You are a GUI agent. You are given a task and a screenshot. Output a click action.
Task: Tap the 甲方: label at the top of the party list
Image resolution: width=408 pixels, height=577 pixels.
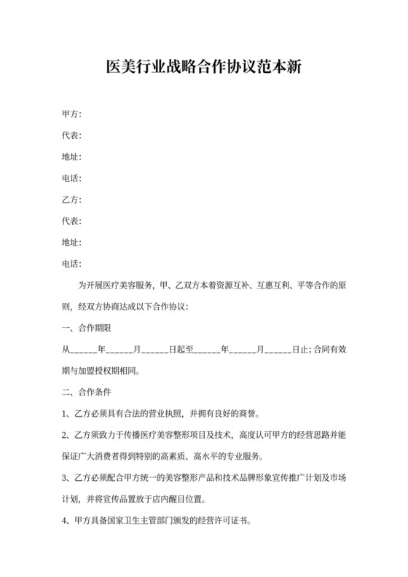click(x=71, y=114)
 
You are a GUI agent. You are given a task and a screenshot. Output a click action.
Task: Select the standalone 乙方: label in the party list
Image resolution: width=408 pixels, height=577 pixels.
click(x=71, y=200)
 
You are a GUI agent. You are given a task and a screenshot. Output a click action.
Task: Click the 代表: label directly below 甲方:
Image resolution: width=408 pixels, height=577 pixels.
click(x=71, y=136)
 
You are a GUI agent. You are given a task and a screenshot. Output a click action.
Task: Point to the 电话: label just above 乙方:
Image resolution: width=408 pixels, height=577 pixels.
click(x=71, y=178)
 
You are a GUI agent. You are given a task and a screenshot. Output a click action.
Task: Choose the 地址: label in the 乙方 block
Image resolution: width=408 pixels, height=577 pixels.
click(x=71, y=242)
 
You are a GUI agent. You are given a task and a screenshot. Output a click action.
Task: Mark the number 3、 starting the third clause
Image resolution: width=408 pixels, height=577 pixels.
click(x=66, y=477)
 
